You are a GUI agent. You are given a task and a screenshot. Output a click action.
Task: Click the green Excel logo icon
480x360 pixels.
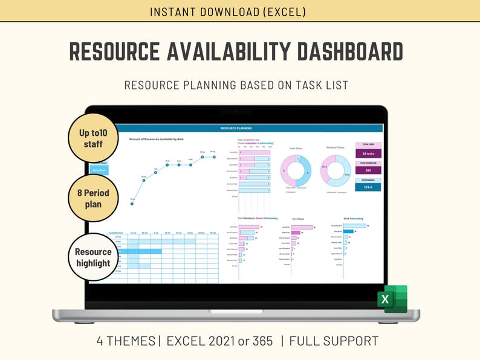[x=392, y=299]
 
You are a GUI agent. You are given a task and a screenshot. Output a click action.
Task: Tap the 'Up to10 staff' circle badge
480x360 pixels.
[x=93, y=138]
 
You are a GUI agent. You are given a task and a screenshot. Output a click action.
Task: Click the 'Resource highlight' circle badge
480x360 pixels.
[x=93, y=257]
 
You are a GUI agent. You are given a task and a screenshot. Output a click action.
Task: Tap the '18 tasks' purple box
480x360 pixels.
[x=368, y=154]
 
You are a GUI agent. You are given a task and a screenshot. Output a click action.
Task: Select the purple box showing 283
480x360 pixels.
[x=368, y=170]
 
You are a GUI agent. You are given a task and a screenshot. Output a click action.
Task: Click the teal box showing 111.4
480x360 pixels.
[x=368, y=187]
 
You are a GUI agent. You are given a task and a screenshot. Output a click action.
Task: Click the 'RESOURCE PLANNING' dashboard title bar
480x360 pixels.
[x=236, y=128]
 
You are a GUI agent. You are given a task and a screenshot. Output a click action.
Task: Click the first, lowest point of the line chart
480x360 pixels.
[x=132, y=204]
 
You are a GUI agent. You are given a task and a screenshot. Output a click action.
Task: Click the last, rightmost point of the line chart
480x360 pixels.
[x=213, y=157]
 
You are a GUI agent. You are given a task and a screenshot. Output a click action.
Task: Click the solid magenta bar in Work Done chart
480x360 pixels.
[x=296, y=232]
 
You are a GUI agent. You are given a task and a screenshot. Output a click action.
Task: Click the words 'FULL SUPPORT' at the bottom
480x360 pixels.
[x=334, y=341]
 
